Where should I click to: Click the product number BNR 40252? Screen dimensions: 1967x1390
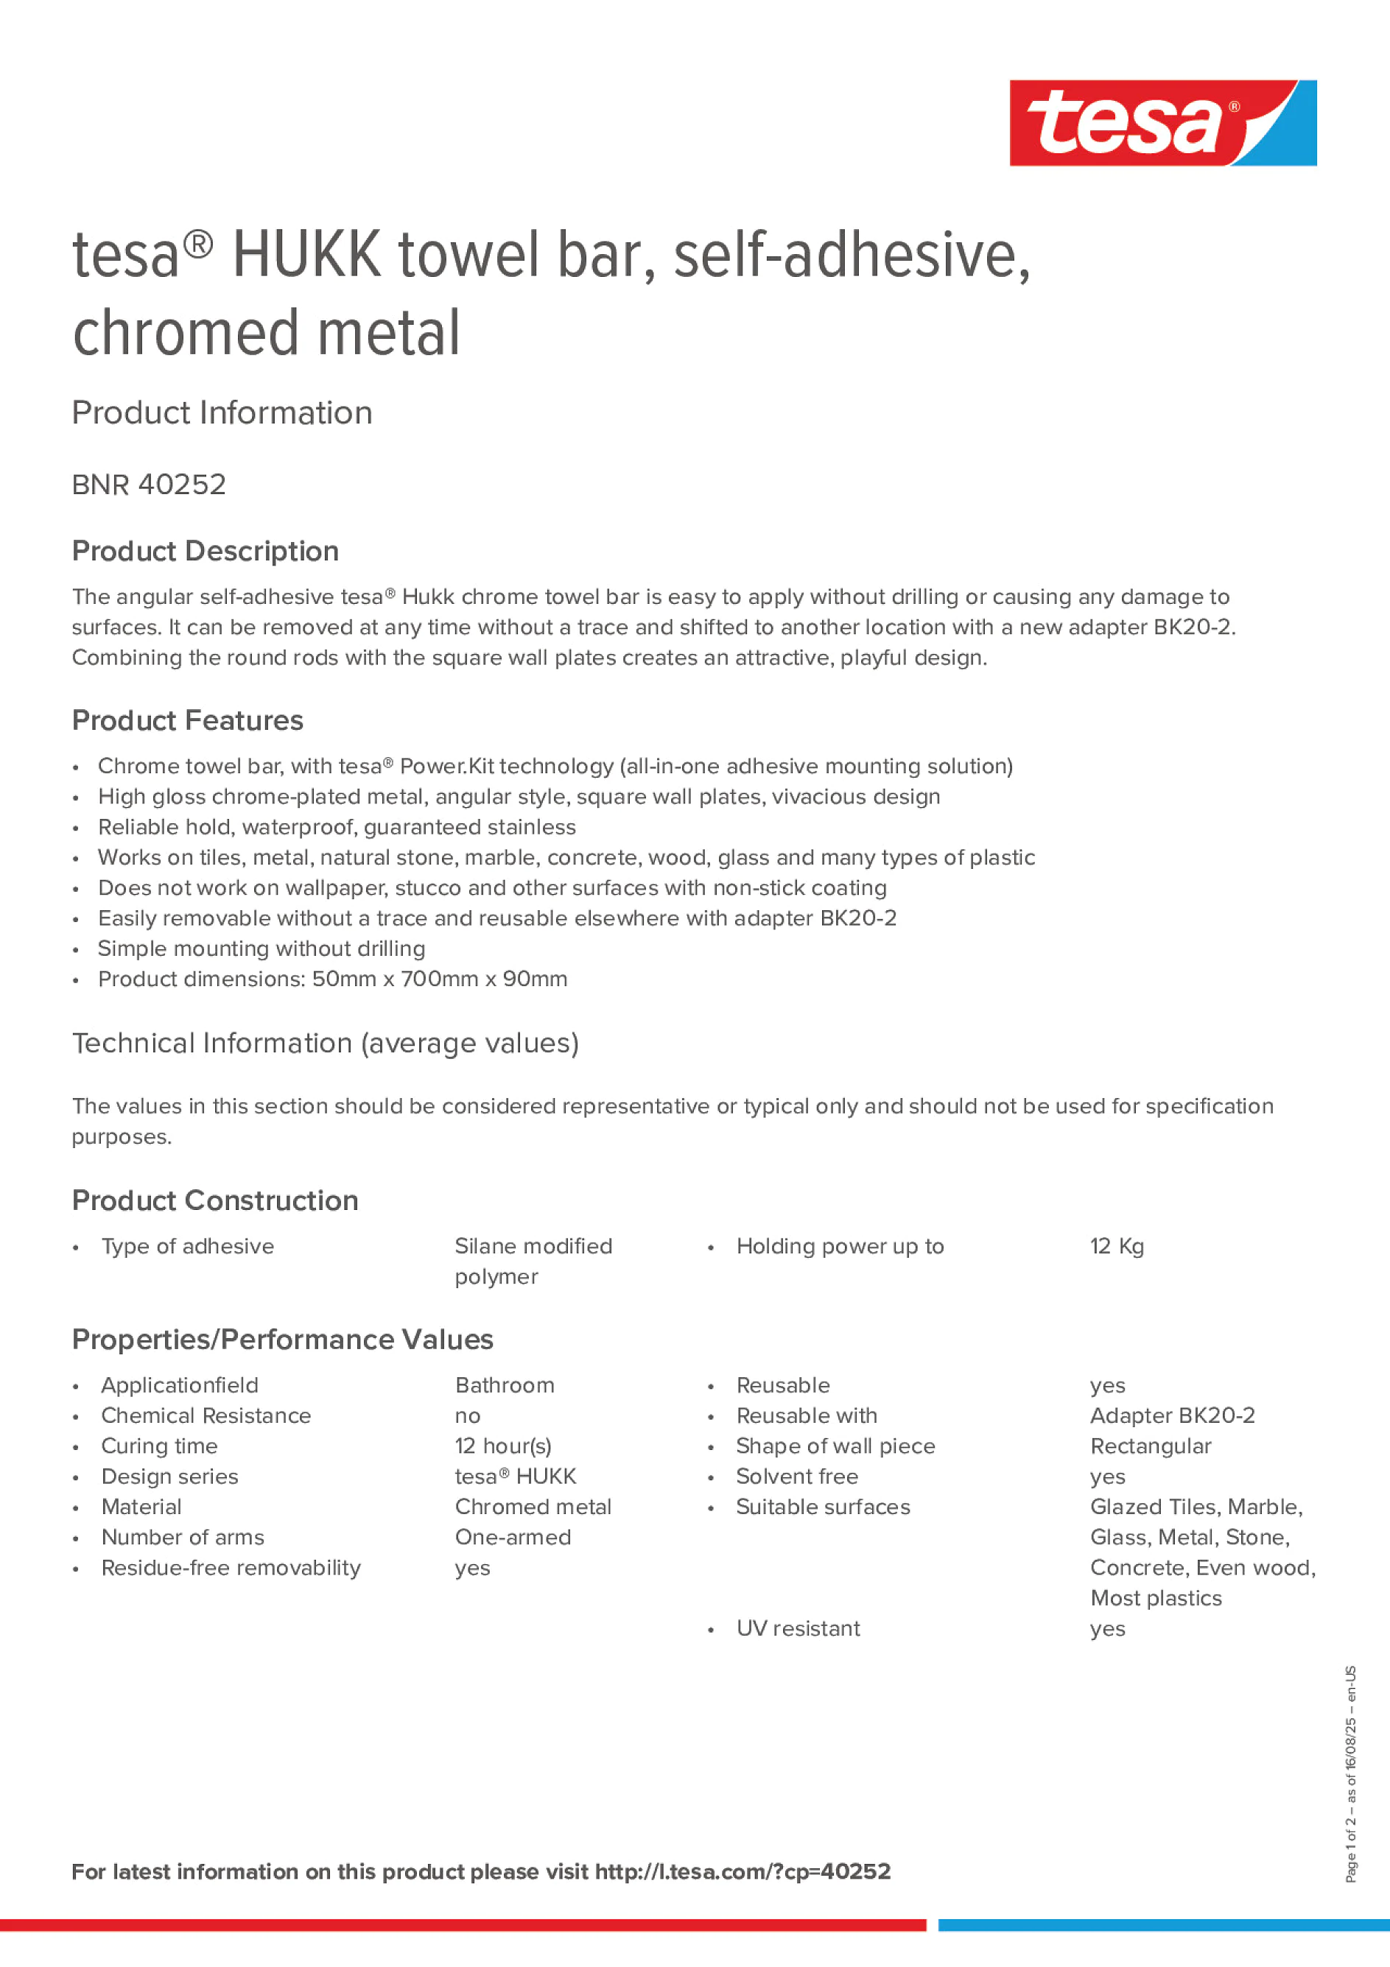[149, 485]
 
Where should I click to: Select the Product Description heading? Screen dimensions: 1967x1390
[206, 551]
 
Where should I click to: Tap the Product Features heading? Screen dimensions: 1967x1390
[188, 720]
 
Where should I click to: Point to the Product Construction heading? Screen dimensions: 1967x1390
[215, 1200]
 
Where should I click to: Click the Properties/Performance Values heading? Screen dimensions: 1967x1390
[283, 1339]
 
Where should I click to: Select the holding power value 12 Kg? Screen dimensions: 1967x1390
[1117, 1247]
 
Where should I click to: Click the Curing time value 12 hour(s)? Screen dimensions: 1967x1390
[503, 1446]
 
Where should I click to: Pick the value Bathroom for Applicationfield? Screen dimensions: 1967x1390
[505, 1385]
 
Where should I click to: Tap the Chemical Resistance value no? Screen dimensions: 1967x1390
[468, 1416]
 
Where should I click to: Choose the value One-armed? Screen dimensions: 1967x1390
[513, 1537]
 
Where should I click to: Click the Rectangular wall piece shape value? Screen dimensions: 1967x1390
[1150, 1446]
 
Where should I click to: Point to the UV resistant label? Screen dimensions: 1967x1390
[798, 1628]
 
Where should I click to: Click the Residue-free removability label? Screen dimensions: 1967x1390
[231, 1568]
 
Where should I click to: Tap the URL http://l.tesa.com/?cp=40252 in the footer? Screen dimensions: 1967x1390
[742, 1872]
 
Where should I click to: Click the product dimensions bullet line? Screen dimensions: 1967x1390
[332, 979]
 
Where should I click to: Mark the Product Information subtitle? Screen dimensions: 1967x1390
[222, 413]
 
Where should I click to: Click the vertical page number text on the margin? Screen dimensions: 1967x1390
[1350, 1773]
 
